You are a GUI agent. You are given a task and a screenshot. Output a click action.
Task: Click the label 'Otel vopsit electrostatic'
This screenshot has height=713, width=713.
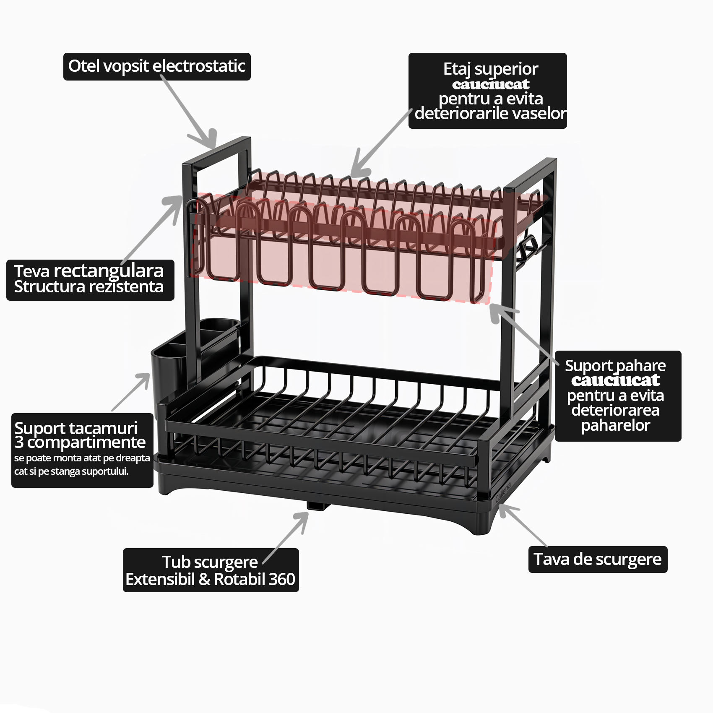click(157, 66)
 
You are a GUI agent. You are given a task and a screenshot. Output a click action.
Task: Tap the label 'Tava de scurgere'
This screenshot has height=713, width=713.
click(598, 559)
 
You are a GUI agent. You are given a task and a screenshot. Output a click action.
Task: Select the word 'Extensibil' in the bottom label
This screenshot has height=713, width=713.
click(160, 579)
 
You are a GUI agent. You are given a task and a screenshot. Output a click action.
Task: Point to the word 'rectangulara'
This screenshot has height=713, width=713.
click(109, 272)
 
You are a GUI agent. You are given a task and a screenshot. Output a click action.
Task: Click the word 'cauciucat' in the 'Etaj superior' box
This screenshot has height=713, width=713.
click(490, 84)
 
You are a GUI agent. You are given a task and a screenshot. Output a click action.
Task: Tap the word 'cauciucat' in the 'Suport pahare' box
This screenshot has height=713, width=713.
click(615, 380)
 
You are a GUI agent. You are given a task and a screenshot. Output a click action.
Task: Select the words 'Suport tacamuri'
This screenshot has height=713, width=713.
click(76, 428)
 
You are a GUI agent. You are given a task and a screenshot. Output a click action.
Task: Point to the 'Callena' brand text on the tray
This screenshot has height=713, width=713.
click(503, 492)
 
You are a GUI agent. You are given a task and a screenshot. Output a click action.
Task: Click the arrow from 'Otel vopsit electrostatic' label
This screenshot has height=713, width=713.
click(189, 112)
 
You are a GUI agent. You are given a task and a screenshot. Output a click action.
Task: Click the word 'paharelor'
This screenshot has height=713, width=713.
click(615, 425)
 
